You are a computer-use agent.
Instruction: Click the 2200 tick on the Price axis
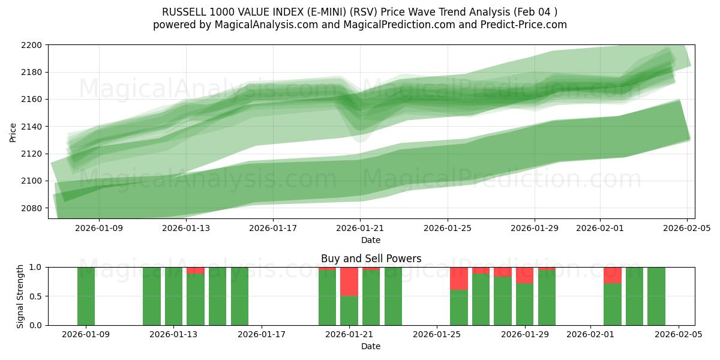point(33,45)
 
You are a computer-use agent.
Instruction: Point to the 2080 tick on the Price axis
point(33,208)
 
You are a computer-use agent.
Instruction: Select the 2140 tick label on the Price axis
point(33,127)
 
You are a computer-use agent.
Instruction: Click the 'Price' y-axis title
point(13,131)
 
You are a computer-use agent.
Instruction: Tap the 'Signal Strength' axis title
point(20,296)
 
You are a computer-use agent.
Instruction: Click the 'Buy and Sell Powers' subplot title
point(371,259)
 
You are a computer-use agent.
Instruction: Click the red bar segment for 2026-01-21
point(349,281)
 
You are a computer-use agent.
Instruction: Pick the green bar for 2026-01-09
point(86,296)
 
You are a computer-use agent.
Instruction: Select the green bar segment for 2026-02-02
point(613,304)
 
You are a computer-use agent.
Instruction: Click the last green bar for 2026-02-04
point(656,296)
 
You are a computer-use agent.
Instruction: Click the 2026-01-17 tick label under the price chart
point(273,228)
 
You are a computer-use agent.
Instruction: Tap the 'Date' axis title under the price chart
point(371,240)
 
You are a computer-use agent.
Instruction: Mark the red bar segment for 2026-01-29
point(525,275)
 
